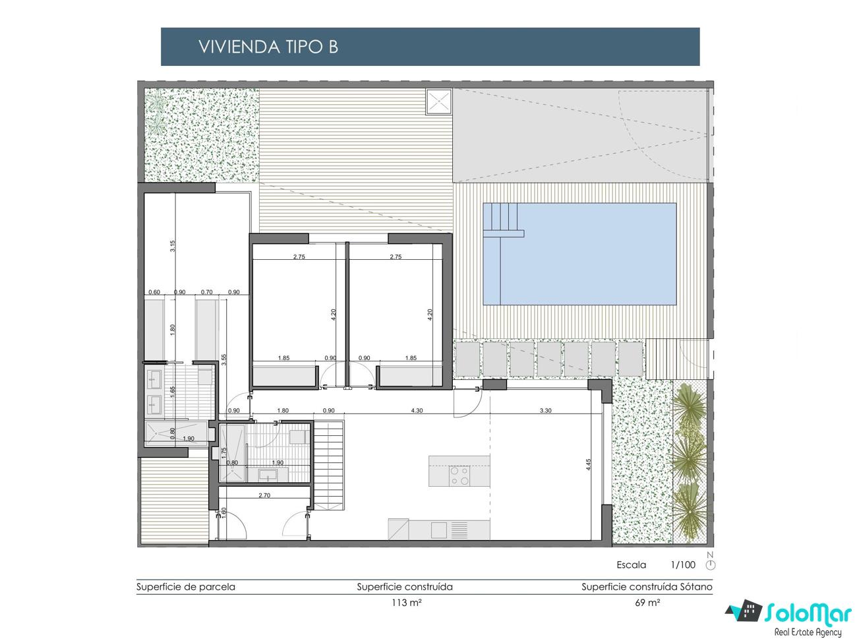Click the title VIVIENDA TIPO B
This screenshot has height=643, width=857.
pos(268,47)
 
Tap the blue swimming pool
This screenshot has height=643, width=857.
pos(579,254)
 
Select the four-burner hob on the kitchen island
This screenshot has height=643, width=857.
pos(459,476)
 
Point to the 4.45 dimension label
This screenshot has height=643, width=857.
pos(589,464)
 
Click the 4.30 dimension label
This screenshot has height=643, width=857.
pos(417,410)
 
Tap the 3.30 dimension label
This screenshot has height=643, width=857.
pos(545,410)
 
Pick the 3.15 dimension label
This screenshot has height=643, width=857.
pos(173,246)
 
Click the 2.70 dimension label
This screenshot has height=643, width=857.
pos(264,495)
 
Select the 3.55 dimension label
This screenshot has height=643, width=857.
pos(223,359)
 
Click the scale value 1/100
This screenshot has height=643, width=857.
pos(683,565)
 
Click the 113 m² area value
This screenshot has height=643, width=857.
pos(407,603)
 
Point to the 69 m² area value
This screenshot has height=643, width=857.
pos(647,603)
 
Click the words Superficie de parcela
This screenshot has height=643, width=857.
pos(186,587)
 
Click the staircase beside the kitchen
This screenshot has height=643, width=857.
pos(330,464)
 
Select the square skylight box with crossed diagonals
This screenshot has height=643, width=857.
pos(439,102)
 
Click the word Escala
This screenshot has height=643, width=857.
pos(632,565)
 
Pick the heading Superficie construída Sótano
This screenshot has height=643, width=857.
pos(647,587)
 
